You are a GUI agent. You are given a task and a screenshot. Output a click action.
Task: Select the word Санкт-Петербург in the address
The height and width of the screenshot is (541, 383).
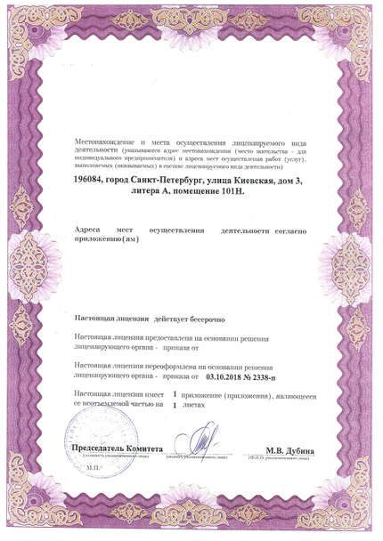click(x=179, y=182)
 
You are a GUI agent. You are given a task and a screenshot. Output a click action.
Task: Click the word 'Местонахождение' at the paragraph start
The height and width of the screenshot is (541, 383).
click(x=108, y=141)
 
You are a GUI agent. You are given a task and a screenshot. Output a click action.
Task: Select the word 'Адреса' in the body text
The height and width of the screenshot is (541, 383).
click(x=92, y=230)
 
